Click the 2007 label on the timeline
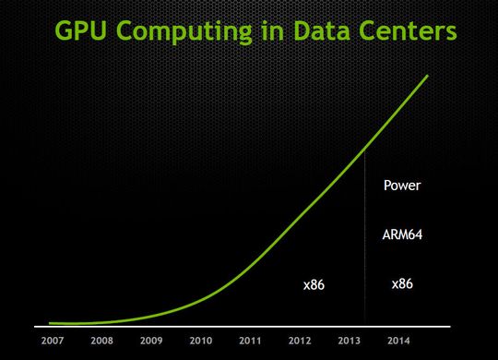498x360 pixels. click(53, 341)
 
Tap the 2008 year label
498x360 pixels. click(101, 341)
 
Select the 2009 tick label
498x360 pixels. click(151, 341)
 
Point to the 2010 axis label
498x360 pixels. click(200, 341)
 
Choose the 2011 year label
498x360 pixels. click(250, 341)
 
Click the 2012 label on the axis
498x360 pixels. click(299, 341)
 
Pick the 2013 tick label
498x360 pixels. click(349, 341)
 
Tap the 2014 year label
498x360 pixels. click(397, 341)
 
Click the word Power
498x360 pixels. click(402, 186)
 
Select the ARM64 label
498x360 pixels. click(402, 234)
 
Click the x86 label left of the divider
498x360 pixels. click(314, 286)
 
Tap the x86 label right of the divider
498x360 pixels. click(402, 283)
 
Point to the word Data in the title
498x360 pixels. click(326, 31)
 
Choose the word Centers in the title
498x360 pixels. click(412, 31)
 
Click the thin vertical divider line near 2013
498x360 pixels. click(365, 240)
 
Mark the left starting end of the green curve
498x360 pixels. click(51, 323)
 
